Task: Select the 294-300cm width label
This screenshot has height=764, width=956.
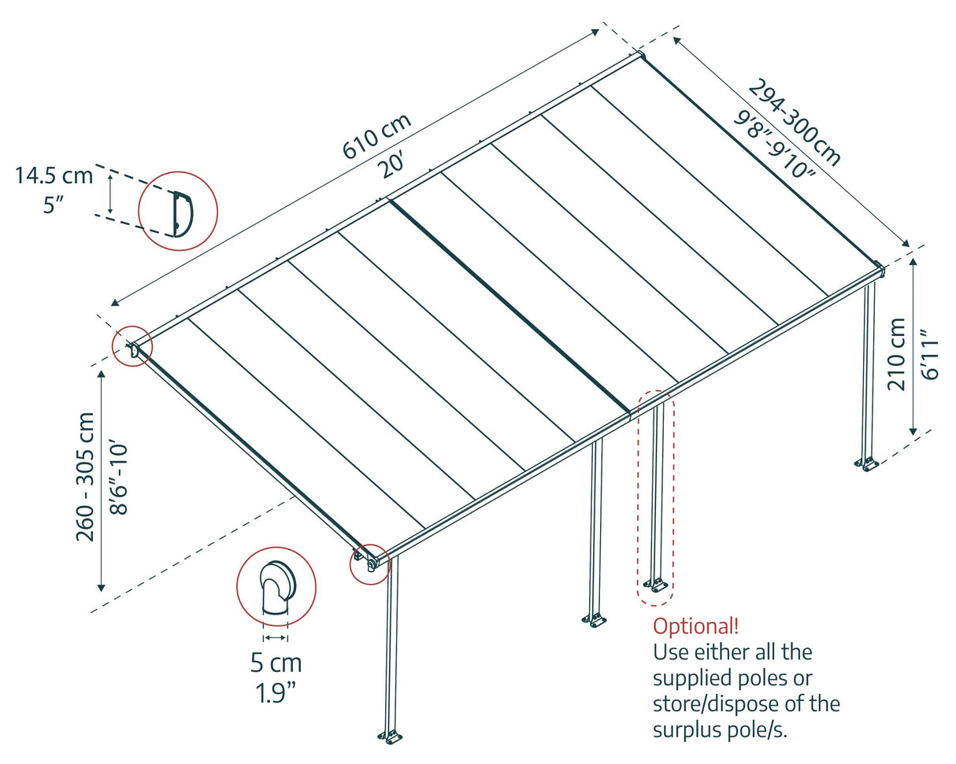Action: [x=794, y=122]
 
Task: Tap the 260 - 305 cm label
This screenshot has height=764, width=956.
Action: [x=86, y=477]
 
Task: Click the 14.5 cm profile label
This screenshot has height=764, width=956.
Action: [x=54, y=175]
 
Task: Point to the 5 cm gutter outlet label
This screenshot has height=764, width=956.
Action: [x=276, y=663]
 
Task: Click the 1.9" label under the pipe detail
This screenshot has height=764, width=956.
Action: [x=276, y=694]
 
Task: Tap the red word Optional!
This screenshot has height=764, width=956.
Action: [x=696, y=626]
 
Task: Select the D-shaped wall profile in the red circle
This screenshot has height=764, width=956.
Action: [x=181, y=212]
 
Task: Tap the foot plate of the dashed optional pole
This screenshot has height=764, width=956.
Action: [x=655, y=585]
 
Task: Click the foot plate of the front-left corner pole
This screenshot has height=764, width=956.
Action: [x=389, y=736]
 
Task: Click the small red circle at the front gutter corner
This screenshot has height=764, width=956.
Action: [x=370, y=563]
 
